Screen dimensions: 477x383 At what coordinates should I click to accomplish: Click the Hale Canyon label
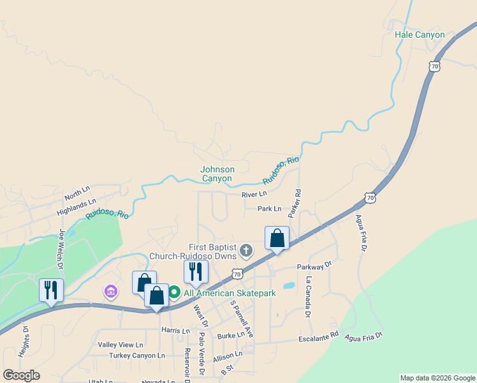pos(420,34)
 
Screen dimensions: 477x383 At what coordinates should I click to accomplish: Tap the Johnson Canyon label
pos(217,174)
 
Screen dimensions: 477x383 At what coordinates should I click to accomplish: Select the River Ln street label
pos(254,195)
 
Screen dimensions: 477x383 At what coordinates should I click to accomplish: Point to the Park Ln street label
pos(269,209)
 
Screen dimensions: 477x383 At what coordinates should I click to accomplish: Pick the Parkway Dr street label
pos(314,266)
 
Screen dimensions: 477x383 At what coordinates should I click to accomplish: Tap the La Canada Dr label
pos(308,297)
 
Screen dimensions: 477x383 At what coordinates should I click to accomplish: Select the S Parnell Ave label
pos(241,319)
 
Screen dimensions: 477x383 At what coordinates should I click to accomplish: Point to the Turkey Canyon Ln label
pos(136,356)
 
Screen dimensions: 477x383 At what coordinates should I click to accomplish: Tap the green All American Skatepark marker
pos(173,293)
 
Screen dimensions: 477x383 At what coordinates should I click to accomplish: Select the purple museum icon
pos(110,292)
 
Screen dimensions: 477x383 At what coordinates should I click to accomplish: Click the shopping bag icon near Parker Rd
pos(277,239)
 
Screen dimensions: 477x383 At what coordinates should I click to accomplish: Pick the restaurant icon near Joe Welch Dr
pos(51,290)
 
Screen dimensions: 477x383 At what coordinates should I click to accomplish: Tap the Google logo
pos(21,375)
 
